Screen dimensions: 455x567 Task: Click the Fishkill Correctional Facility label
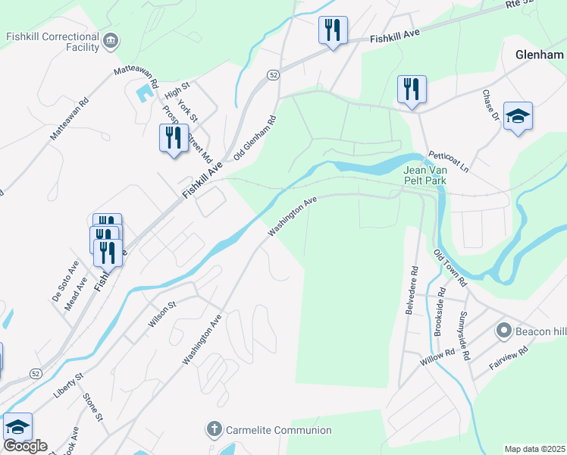pos(52,42)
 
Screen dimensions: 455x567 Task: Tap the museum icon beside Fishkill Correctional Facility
pos(111,40)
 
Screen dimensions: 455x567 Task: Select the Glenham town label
pos(539,55)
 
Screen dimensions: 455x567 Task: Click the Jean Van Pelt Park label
pos(424,175)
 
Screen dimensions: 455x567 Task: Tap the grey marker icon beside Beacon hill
pos(503,331)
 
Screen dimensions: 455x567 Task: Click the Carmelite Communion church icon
pos(214,430)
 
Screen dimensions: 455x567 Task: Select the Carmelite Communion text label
pos(278,430)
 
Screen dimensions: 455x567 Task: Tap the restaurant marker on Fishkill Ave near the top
pos(333,31)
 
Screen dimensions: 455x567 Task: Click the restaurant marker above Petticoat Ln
pos(412,89)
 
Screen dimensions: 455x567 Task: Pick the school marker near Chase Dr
pos(518,116)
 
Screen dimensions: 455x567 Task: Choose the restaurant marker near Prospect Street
pos(174,138)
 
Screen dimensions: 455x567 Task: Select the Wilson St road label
pos(162,314)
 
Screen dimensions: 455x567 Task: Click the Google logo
pos(24,446)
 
